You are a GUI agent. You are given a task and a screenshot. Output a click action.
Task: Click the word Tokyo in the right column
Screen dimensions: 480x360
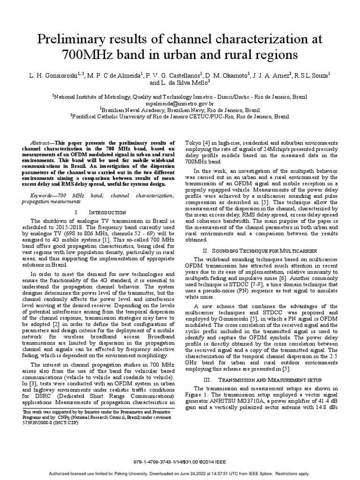click(x=194, y=142)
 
